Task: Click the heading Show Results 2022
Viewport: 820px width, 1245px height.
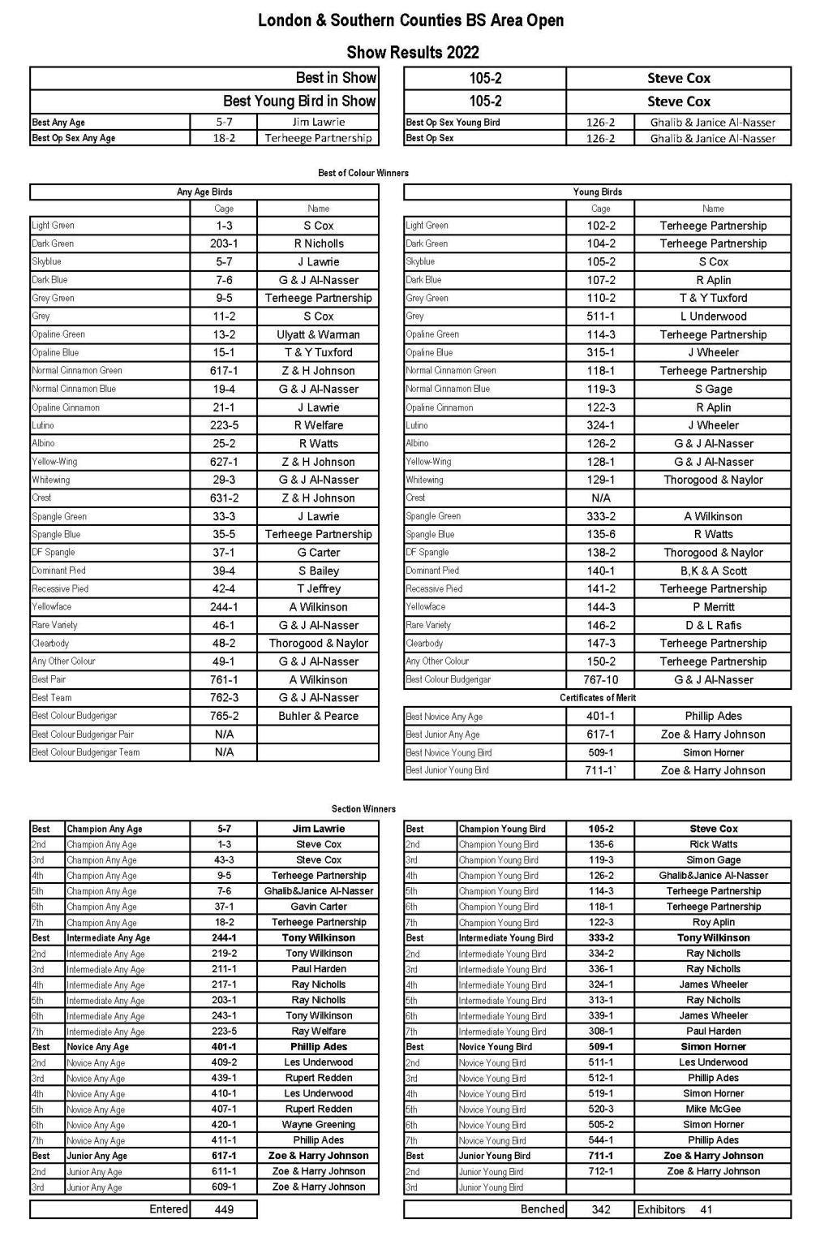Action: click(x=412, y=53)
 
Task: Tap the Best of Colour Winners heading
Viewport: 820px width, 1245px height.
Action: click(x=363, y=173)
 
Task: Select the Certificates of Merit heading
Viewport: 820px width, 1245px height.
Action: click(x=597, y=698)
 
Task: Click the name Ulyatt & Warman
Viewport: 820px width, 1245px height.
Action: click(x=318, y=334)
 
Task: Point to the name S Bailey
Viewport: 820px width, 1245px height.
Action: click(x=319, y=571)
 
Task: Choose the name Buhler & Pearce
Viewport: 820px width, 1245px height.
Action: click(x=318, y=716)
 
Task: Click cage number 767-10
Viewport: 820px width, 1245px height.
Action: click(x=600, y=680)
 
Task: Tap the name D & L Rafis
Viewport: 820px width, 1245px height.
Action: click(x=713, y=625)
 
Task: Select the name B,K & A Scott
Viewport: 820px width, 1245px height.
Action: click(x=713, y=571)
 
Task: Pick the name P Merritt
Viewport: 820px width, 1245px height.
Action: click(x=713, y=607)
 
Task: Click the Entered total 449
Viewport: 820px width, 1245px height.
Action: click(x=224, y=1209)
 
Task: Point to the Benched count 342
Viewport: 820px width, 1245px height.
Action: click(x=600, y=1209)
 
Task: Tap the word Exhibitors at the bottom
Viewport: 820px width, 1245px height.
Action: click(x=661, y=1209)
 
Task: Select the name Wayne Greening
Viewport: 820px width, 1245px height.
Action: click(x=318, y=1125)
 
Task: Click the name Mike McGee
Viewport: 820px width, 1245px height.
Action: click(x=713, y=1109)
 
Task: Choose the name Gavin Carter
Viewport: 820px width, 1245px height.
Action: click(x=318, y=907)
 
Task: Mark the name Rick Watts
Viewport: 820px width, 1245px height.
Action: click(x=713, y=844)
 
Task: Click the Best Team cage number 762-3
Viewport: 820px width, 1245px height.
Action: click(x=224, y=698)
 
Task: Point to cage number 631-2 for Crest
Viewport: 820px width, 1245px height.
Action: click(x=224, y=498)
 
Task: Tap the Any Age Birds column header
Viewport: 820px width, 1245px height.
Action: click(x=204, y=192)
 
